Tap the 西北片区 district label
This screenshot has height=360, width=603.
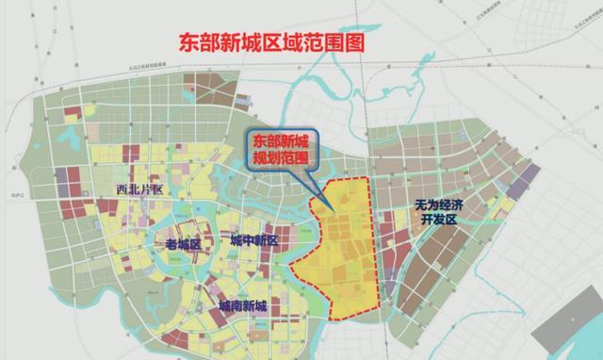[x=139, y=189]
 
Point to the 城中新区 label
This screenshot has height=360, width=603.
[x=253, y=240]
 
